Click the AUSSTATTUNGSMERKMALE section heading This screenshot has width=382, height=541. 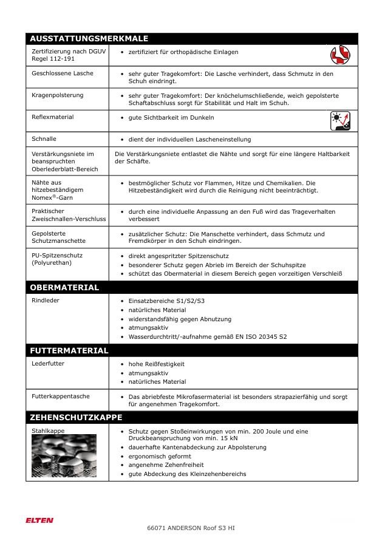[89, 38]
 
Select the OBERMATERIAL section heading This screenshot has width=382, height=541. [64, 287]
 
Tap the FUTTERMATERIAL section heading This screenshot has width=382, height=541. [69, 350]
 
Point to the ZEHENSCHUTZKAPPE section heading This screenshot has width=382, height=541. [76, 417]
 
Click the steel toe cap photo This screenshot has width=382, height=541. [64, 455]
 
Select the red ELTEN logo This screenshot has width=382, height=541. [39, 520]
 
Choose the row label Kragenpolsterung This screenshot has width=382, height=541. [58, 95]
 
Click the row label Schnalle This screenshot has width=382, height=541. [44, 139]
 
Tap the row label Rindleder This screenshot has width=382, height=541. [46, 300]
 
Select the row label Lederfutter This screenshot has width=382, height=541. [48, 364]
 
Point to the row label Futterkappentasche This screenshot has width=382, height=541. [60, 396]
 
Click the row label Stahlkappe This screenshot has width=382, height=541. [48, 430]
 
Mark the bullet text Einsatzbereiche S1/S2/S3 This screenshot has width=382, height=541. [166, 301]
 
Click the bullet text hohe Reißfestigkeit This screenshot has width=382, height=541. [156, 364]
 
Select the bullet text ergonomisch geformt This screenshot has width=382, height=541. [159, 456]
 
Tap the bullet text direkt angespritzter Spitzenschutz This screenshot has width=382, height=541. [178, 256]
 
